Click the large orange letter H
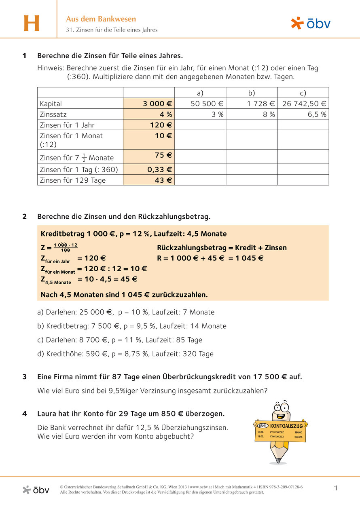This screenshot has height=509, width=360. pyautogui.click(x=32, y=23)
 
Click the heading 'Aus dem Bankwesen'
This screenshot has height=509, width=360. pyautogui.click(x=101, y=19)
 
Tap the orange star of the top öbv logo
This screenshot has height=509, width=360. pyautogui.click(x=297, y=23)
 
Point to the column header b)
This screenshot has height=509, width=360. pyautogui.click(x=251, y=93)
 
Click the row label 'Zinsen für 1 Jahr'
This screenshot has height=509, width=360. pyautogui.click(x=67, y=125)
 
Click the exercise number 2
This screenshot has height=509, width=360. pyautogui.click(x=25, y=217)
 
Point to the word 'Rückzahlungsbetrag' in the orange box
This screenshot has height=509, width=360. pyautogui.click(x=188, y=248)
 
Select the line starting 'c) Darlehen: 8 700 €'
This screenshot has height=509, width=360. pyautogui.click(x=119, y=340)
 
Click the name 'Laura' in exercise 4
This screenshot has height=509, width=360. pyautogui.click(x=48, y=414)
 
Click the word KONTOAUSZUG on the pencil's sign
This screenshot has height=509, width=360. pyautogui.click(x=286, y=426)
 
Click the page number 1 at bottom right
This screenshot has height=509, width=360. pyautogui.click(x=336, y=488)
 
